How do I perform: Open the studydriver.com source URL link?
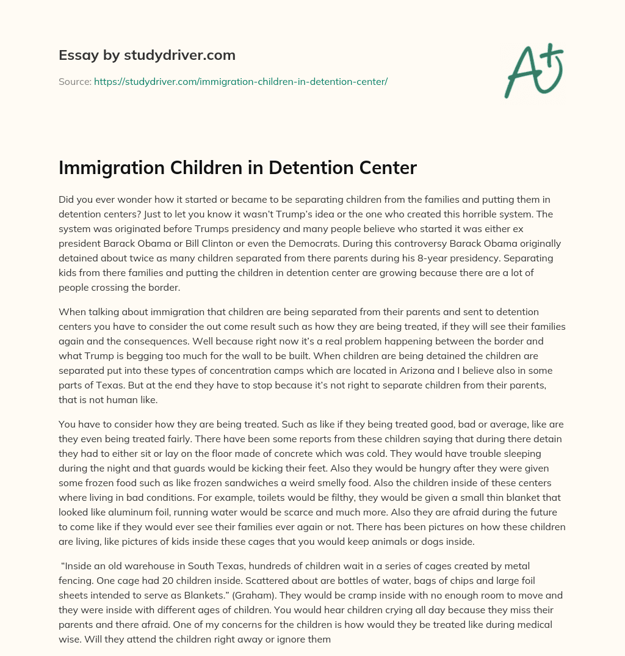pyautogui.click(x=240, y=81)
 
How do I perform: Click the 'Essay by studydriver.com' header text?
pyautogui.click(x=147, y=55)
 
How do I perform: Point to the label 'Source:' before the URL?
pyautogui.click(x=74, y=81)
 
